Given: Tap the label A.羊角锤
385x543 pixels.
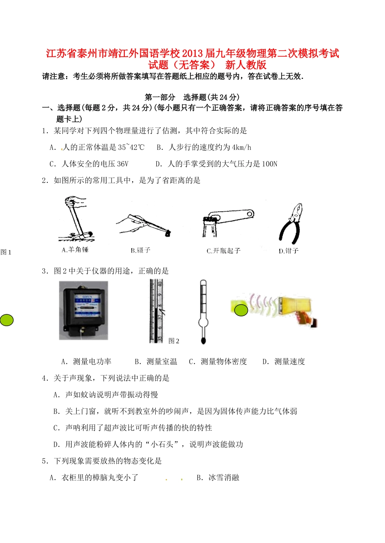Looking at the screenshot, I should (75, 250).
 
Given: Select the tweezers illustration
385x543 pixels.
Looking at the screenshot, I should (144, 225).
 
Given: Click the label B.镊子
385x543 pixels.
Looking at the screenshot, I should (141, 250).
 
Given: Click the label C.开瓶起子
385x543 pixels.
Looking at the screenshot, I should (223, 251).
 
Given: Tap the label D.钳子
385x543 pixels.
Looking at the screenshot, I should (289, 251).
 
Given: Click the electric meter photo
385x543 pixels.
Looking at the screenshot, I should (83, 310).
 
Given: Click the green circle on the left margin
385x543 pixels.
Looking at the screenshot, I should (6, 320).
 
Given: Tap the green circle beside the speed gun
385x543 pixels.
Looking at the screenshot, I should (241, 310).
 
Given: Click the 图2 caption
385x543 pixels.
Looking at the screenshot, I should (174, 341).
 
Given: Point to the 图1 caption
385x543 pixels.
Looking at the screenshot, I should (6, 252).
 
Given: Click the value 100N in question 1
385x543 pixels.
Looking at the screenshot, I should (269, 164).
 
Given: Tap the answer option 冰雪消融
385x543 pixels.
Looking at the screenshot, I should (224, 478).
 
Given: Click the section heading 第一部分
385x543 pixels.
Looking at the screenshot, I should (160, 97).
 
